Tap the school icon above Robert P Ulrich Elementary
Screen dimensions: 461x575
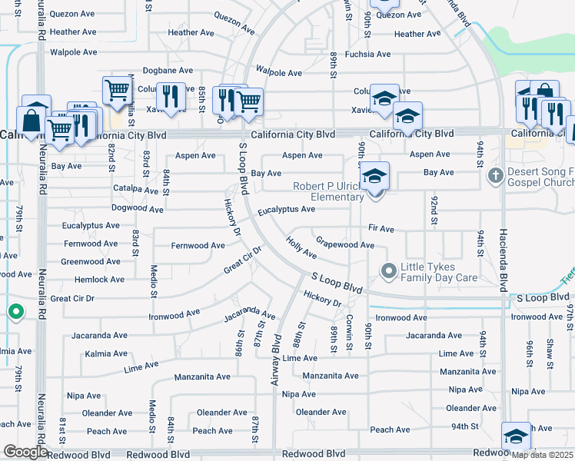coord(374,176)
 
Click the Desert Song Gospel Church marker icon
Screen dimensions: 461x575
coord(494,176)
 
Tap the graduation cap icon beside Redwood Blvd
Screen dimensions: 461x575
coord(516,436)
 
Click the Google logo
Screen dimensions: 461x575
coord(25,452)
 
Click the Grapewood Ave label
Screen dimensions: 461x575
coord(344,245)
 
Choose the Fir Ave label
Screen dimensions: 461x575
coord(381,229)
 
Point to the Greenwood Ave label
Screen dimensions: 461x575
coord(91,261)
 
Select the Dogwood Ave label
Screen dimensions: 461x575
coord(138,208)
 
